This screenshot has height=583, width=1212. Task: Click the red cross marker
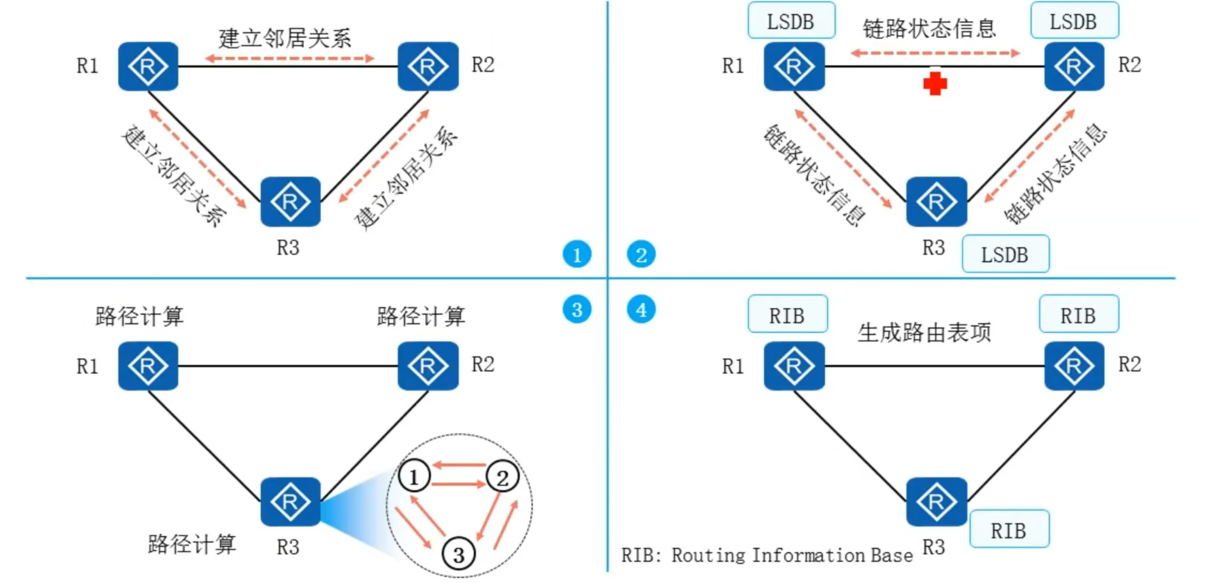[934, 84]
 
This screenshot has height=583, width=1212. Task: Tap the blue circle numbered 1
[576, 254]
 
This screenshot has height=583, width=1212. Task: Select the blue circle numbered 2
[641, 254]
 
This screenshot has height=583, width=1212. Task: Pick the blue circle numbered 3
[576, 309]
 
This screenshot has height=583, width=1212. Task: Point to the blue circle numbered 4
[641, 309]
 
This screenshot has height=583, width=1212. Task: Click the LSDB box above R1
[791, 21]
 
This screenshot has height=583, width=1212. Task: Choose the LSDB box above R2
[1074, 21]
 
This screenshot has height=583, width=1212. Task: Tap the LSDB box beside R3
[1005, 254]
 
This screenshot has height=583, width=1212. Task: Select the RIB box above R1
[787, 315]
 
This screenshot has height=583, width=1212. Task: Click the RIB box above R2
[1078, 315]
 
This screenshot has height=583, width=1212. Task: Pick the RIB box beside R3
[1009, 530]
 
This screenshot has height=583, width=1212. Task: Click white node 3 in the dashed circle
[459, 554]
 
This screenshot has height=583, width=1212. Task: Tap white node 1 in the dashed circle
[414, 477]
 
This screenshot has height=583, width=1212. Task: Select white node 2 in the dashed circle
[503, 477]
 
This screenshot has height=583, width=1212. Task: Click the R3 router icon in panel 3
[290, 502]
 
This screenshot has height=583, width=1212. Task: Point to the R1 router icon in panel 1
[148, 66]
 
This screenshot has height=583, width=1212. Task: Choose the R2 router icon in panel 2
[1074, 66]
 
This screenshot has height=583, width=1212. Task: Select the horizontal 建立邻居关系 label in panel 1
[285, 39]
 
